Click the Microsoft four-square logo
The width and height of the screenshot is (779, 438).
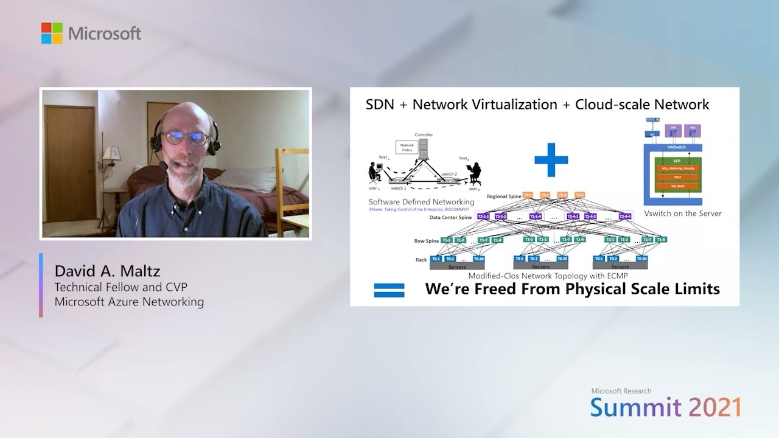pyautogui.click(x=52, y=33)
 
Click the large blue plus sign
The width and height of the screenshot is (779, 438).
pyautogui.click(x=551, y=160)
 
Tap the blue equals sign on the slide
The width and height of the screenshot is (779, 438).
pyautogui.click(x=389, y=290)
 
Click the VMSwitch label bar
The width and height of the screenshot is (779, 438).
pyautogui.click(x=672, y=148)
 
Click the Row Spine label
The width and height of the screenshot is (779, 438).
pyautogui.click(x=427, y=241)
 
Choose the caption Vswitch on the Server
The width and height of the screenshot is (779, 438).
pyautogui.click(x=682, y=214)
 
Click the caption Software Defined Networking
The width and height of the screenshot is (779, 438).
pyautogui.click(x=421, y=202)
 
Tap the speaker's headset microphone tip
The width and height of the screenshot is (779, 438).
pyautogui.click(x=164, y=165)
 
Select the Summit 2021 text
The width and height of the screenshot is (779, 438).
pyautogui.click(x=665, y=407)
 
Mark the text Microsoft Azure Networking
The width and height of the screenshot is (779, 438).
pyautogui.click(x=129, y=302)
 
